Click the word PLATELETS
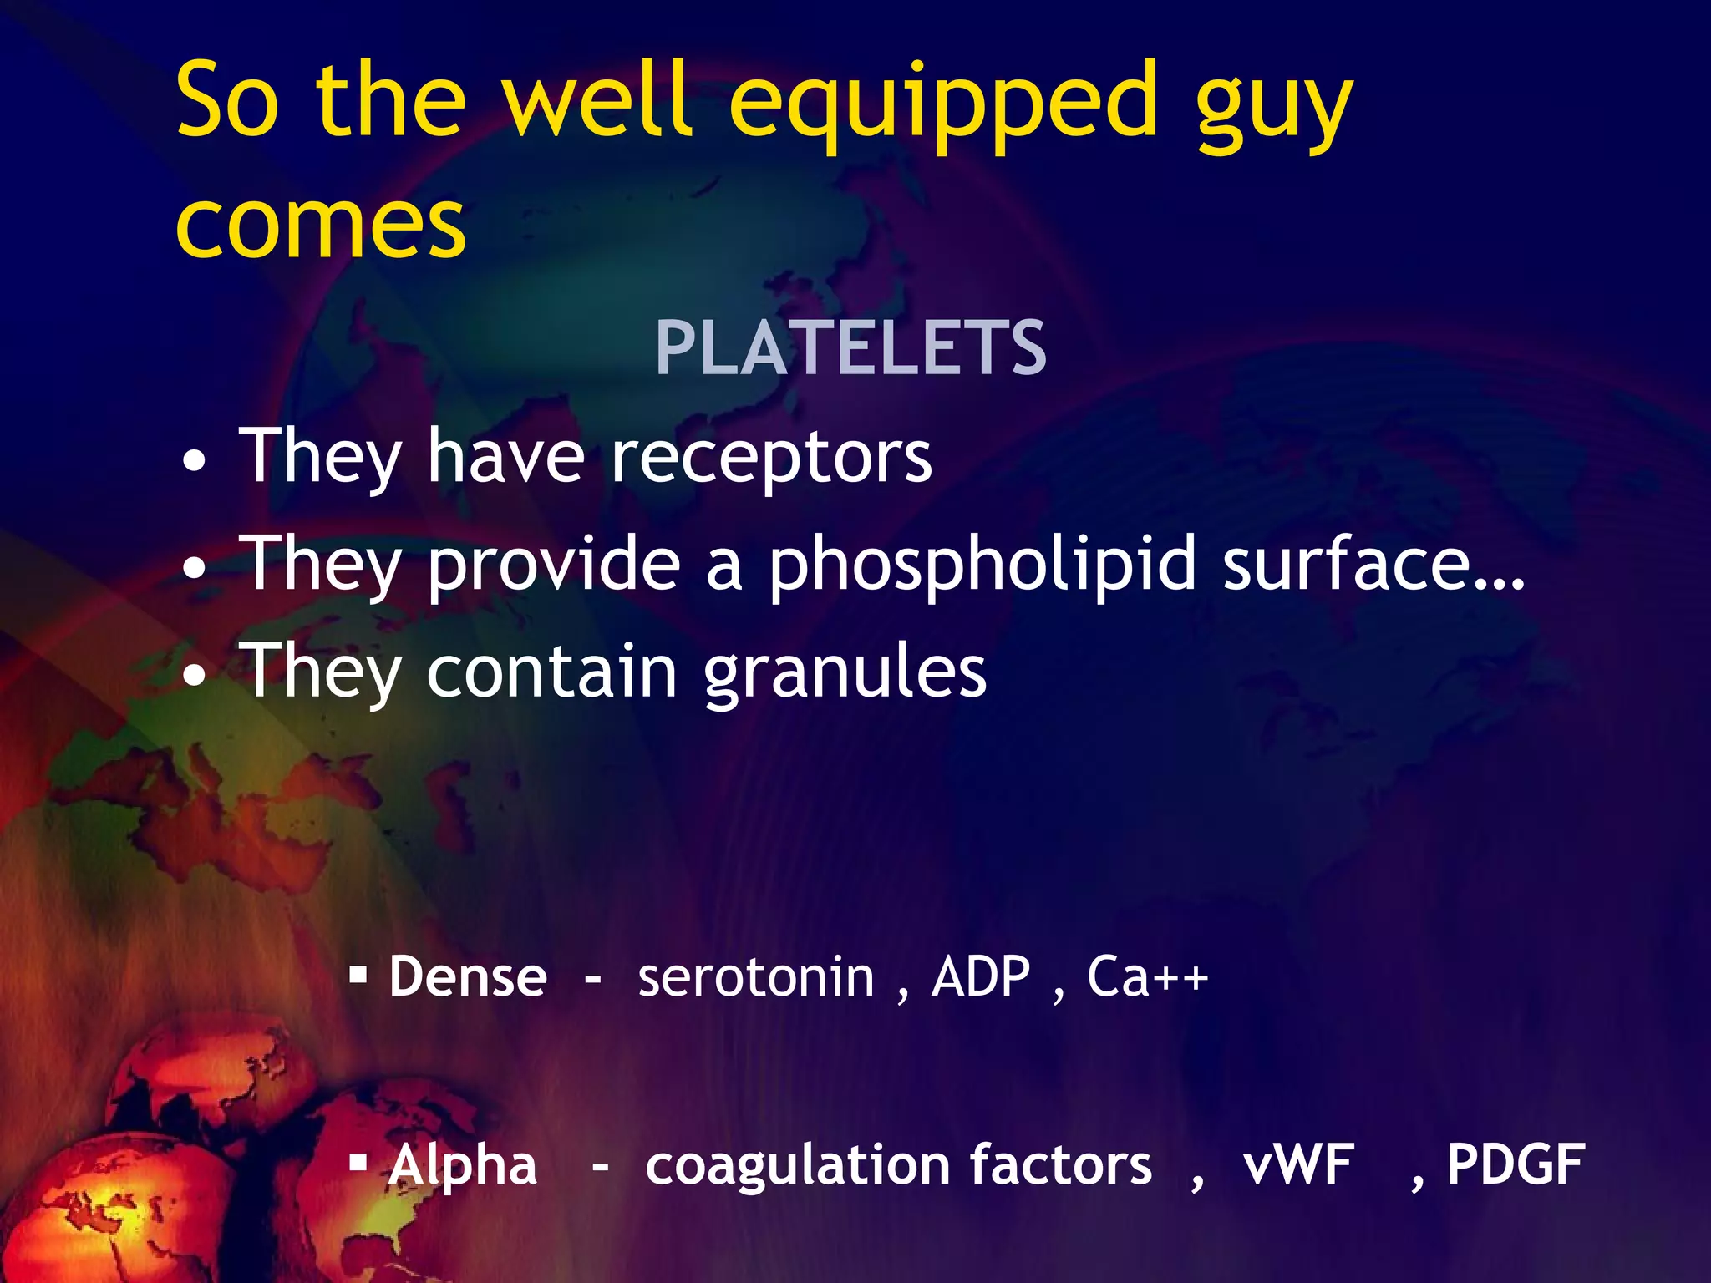(850, 348)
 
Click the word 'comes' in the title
(321, 224)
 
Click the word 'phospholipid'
(982, 566)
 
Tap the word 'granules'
(845, 673)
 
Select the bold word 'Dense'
(468, 976)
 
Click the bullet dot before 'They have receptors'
(194, 460)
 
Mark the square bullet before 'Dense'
(358, 974)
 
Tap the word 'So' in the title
(226, 102)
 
